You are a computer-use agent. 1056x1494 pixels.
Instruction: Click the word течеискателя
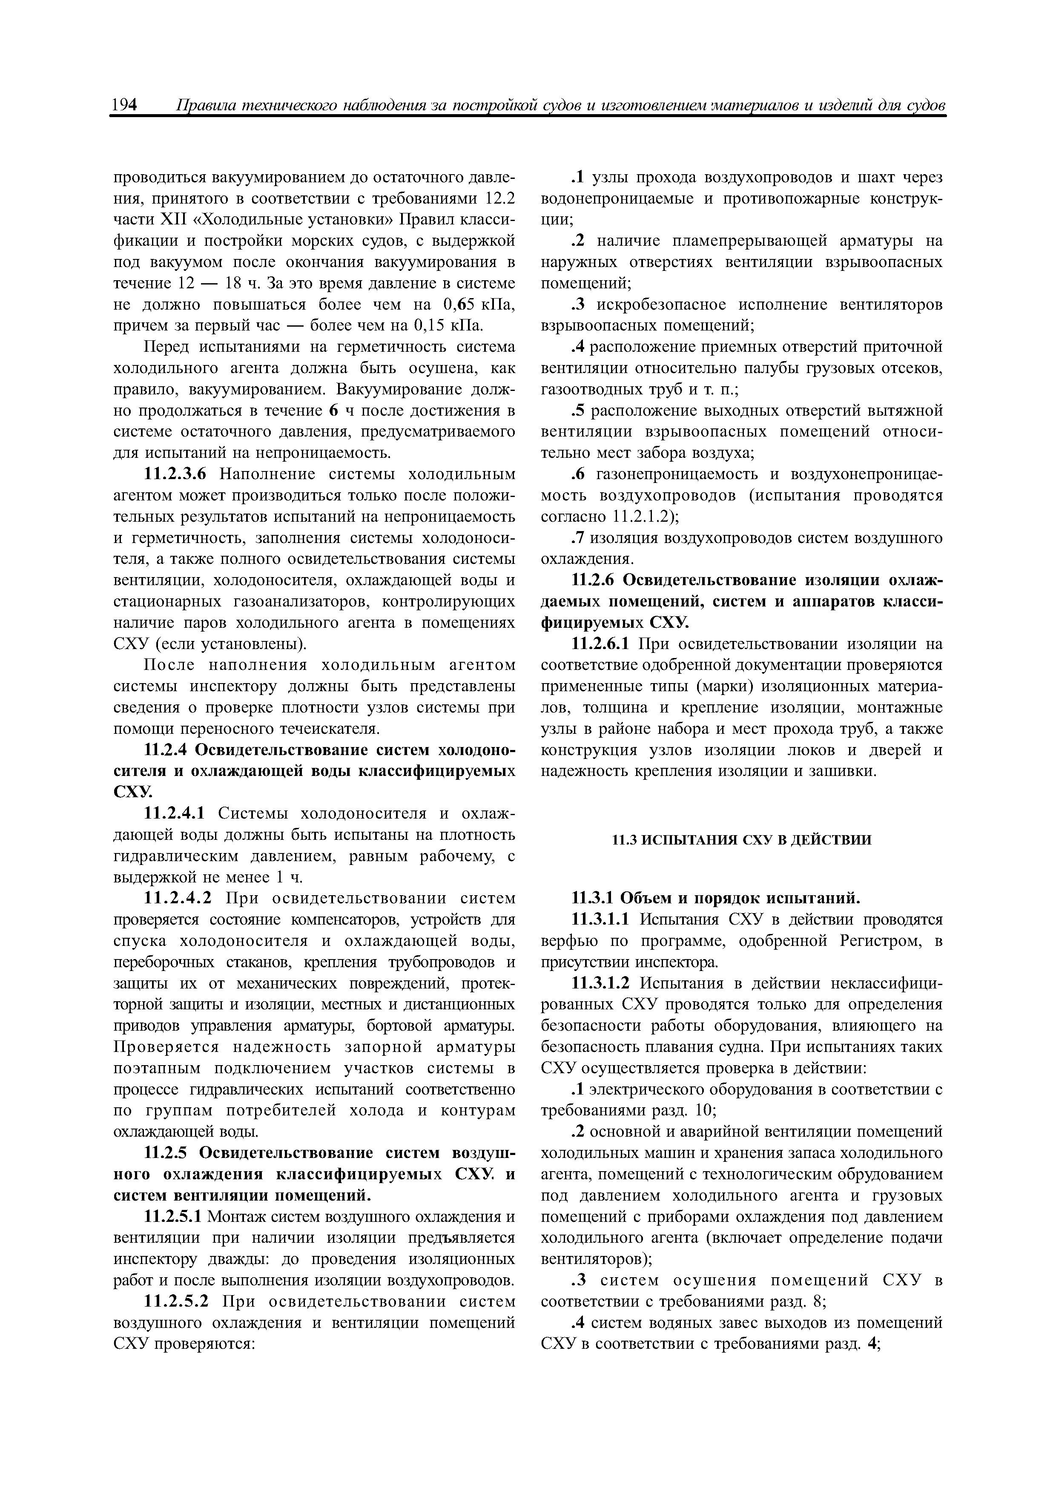tap(333, 728)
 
